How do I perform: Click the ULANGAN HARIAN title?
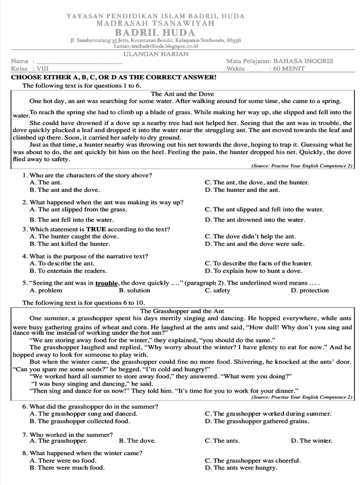(x=163, y=54)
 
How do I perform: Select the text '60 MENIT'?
(x=289, y=68)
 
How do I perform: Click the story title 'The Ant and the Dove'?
(x=182, y=94)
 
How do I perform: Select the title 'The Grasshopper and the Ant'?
(x=182, y=311)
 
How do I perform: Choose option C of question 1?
(x=256, y=182)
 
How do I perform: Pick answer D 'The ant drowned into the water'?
(x=255, y=220)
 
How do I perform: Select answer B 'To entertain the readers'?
(x=68, y=271)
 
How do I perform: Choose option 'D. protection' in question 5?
(x=309, y=290)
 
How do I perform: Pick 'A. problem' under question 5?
(x=46, y=290)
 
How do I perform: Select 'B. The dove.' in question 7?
(x=137, y=440)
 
